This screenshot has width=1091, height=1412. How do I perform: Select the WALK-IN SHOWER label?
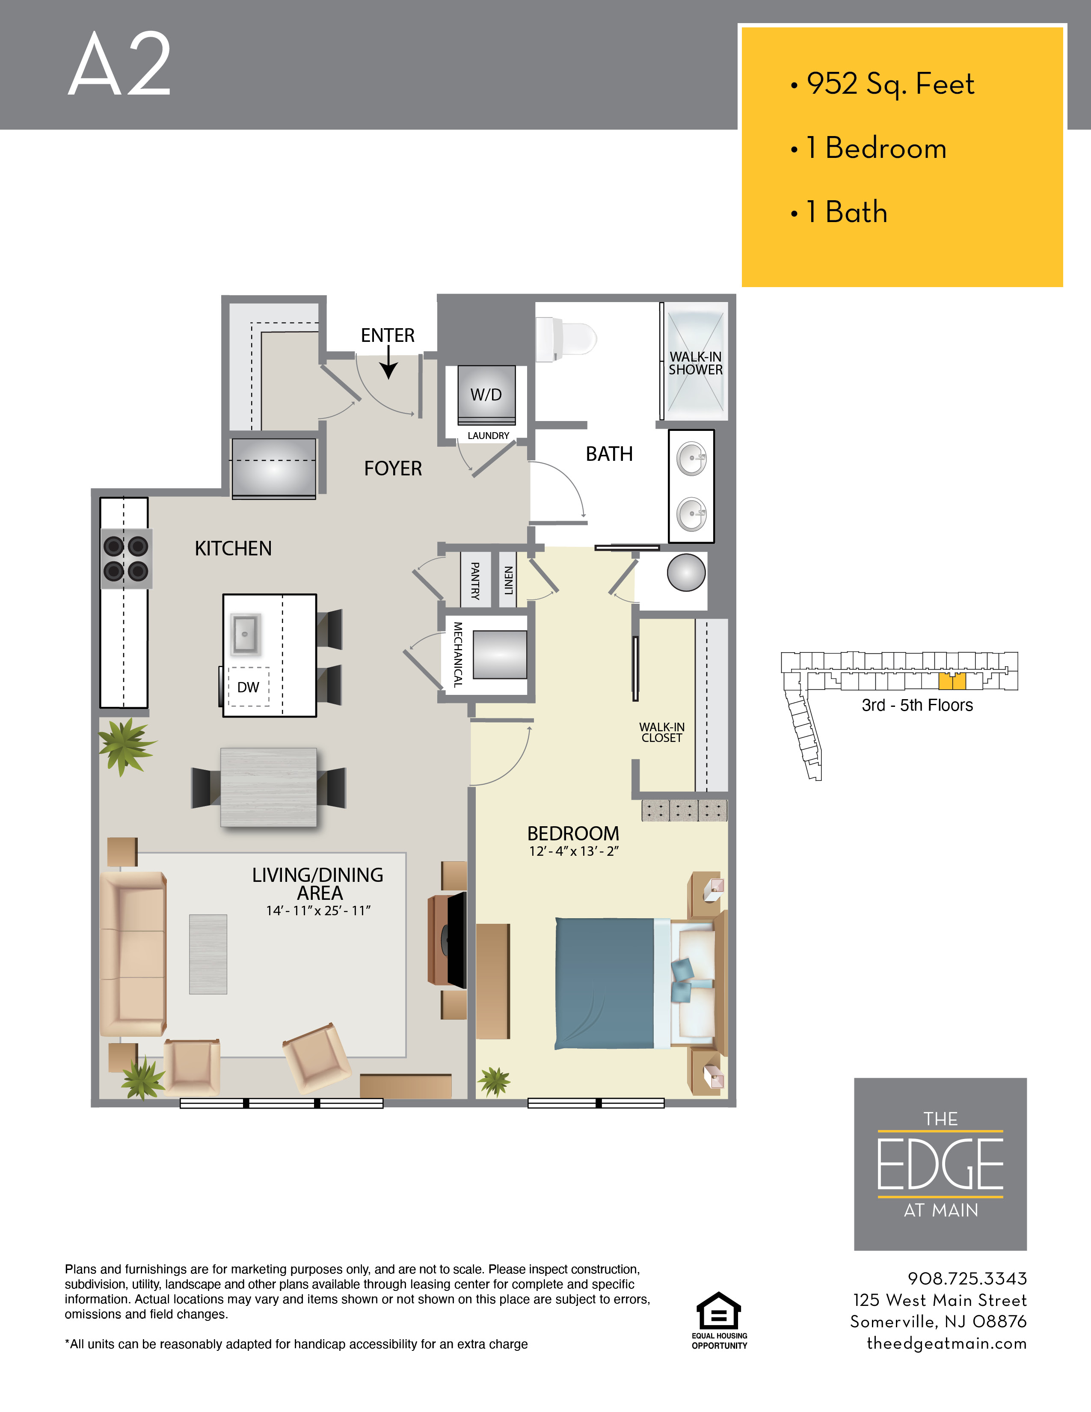(x=695, y=363)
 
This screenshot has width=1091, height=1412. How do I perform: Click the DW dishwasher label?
(x=248, y=687)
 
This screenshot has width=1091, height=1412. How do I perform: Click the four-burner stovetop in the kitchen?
(x=126, y=558)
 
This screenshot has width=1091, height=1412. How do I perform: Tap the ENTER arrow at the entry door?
(x=388, y=362)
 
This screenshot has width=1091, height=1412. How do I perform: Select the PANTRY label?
(x=475, y=581)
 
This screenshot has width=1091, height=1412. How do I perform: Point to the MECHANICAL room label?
(x=458, y=654)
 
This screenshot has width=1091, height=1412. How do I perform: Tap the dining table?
(x=268, y=787)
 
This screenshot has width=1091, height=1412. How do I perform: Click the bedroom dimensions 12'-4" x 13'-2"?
(x=574, y=851)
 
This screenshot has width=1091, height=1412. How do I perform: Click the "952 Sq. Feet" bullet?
(x=882, y=84)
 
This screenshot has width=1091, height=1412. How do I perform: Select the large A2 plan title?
(x=119, y=64)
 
